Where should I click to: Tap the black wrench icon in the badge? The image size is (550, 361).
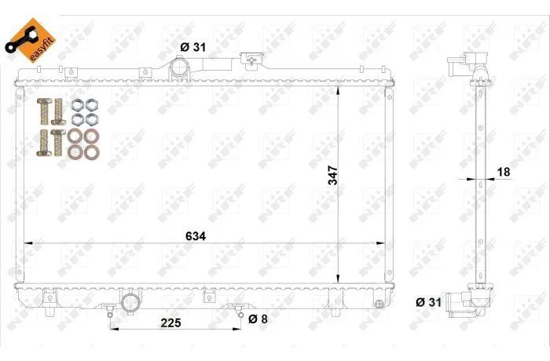[x=20, y=40]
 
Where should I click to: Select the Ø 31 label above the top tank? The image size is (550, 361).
[x=193, y=47]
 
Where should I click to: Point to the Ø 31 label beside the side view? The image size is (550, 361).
[x=428, y=302]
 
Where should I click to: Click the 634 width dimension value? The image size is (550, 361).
[x=196, y=236]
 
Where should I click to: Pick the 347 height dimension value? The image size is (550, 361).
[x=332, y=175]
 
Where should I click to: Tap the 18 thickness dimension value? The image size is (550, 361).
[x=504, y=172]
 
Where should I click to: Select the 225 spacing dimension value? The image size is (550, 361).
[x=170, y=323]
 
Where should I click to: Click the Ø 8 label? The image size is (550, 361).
[x=258, y=319]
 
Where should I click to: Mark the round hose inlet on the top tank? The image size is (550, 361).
[x=179, y=66]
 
